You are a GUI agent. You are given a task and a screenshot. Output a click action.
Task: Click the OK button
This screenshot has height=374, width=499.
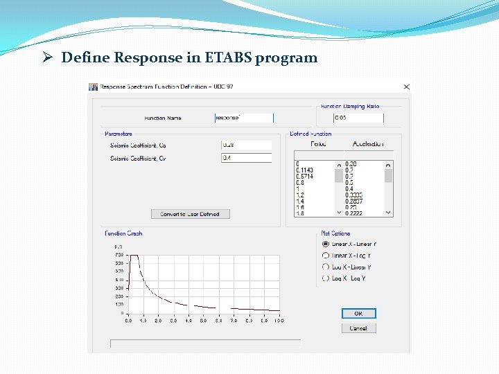coord(358,314)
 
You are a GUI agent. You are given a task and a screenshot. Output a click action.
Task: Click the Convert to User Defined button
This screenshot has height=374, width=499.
coord(190,214)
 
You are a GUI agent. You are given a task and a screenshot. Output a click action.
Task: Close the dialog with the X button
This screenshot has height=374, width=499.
coord(406,87)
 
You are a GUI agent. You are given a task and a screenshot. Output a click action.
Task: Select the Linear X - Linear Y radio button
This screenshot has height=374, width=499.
coord(326,244)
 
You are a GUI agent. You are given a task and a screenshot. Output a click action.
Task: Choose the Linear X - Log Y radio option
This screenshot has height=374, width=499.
coord(326,256)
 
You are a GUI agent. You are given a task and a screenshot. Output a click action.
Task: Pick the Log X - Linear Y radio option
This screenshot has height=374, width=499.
coord(326,267)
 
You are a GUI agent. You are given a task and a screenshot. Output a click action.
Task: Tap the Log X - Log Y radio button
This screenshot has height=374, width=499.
coord(326,278)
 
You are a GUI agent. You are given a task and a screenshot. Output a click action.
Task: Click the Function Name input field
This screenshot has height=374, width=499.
coord(244,118)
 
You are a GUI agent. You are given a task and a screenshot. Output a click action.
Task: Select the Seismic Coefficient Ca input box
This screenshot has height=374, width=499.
coord(246,145)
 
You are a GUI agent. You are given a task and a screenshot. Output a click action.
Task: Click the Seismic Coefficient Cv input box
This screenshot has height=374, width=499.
coord(246,158)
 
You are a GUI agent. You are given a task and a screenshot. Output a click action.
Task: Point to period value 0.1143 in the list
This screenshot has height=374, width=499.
coord(304,170)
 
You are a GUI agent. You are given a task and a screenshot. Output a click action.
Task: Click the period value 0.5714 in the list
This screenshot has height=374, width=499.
coord(304,177)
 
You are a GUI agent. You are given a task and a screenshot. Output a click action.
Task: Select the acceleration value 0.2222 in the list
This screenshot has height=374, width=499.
coord(353,213)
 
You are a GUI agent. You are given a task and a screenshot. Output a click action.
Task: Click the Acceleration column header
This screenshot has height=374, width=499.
coord(367,144)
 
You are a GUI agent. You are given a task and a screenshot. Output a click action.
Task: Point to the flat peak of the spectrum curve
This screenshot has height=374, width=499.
coord(135,256)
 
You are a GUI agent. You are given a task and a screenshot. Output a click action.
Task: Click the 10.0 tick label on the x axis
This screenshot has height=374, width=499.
coord(278,321)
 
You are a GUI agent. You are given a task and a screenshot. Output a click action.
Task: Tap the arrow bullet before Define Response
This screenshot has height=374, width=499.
coord(49,57)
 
